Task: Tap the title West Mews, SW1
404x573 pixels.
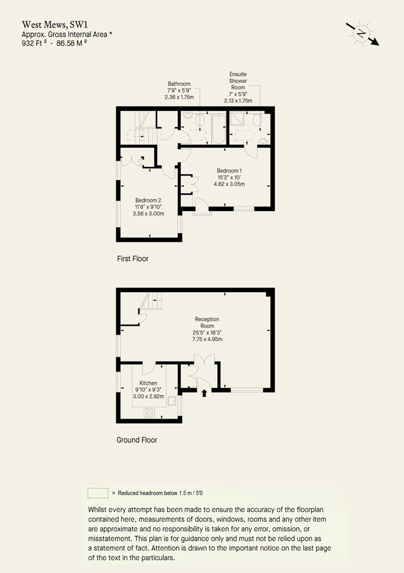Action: click(55, 25)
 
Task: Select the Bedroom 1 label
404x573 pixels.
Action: click(229, 171)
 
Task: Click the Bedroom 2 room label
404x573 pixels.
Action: click(148, 200)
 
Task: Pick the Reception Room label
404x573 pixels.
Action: click(207, 322)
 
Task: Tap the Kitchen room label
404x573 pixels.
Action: click(148, 383)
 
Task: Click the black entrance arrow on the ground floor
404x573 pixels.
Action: click(204, 393)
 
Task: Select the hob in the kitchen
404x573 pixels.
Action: click(149, 413)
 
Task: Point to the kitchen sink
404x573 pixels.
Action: click(172, 401)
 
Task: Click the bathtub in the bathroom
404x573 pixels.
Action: click(219, 129)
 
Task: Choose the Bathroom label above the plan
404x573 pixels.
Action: click(179, 84)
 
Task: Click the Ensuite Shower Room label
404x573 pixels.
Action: click(238, 81)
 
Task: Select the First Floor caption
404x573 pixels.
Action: click(133, 258)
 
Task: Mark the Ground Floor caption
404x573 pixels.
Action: click(137, 440)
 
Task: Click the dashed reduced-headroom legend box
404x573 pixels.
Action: click(98, 493)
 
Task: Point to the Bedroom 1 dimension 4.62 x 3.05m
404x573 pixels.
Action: click(229, 184)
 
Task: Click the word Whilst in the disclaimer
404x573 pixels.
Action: click(97, 509)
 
